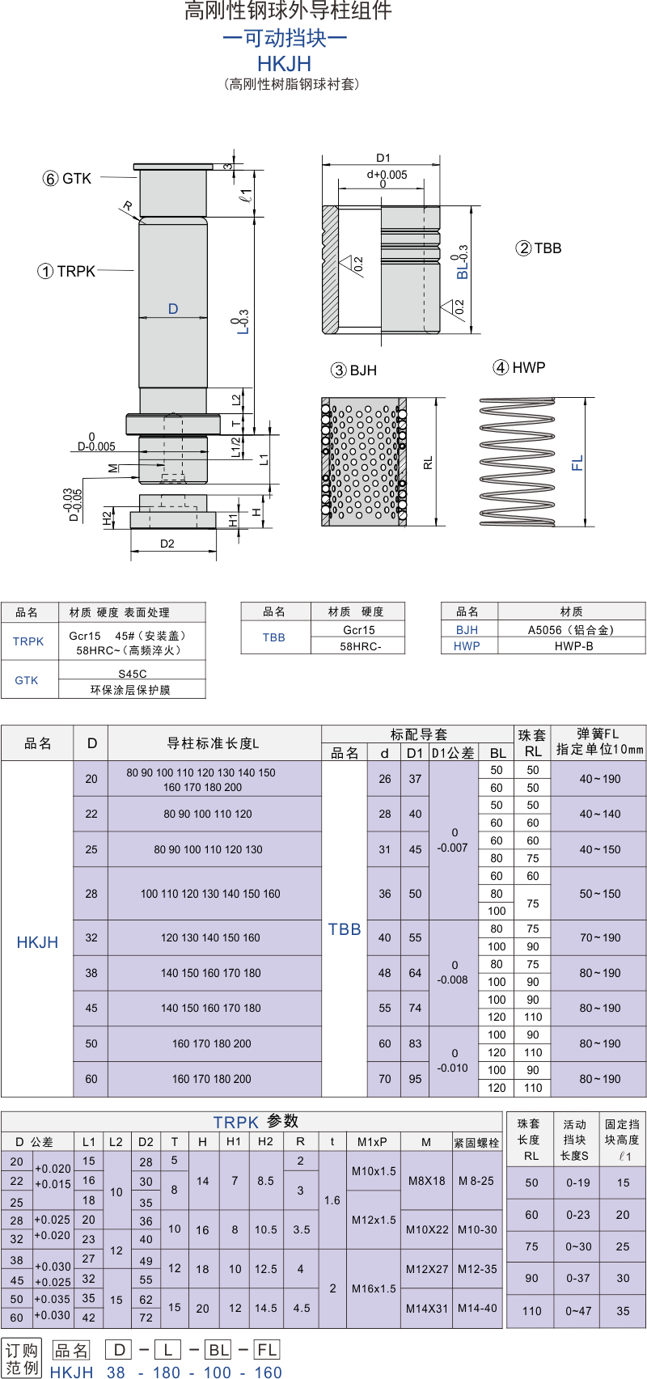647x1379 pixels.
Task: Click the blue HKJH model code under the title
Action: click(x=284, y=63)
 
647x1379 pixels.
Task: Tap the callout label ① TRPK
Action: click(x=66, y=271)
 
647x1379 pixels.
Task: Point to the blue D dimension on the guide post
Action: click(x=173, y=308)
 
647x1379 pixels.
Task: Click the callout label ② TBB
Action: click(x=538, y=248)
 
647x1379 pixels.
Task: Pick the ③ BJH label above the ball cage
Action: click(x=353, y=370)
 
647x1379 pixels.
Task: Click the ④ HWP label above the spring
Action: click(x=519, y=367)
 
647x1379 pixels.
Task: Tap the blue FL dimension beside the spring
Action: click(x=577, y=463)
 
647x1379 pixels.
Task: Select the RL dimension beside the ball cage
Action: click(x=429, y=463)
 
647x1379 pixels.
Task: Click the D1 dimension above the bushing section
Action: click(x=383, y=159)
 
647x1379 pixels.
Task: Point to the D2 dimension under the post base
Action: click(x=167, y=544)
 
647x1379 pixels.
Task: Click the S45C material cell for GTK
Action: click(x=133, y=674)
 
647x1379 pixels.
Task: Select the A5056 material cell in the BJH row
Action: click(x=571, y=630)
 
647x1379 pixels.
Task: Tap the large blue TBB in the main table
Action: click(x=344, y=929)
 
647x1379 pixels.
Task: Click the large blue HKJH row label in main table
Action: click(x=37, y=942)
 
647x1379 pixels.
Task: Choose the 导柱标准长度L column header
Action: click(x=213, y=743)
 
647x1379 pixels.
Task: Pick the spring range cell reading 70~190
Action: click(x=599, y=937)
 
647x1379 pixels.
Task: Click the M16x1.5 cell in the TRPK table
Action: click(x=374, y=1288)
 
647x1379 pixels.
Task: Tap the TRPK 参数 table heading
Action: click(x=256, y=1122)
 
